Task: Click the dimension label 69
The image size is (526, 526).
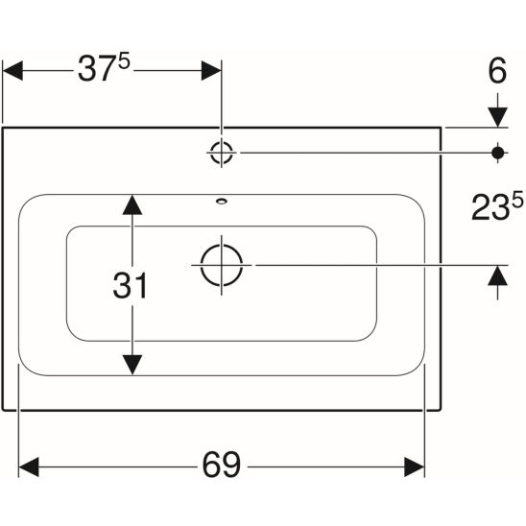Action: click(222, 465)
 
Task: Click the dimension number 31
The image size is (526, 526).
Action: click(131, 285)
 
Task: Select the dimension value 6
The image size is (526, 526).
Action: click(497, 71)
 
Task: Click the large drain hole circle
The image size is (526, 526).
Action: click(222, 265)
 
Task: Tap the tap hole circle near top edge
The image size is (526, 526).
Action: click(222, 153)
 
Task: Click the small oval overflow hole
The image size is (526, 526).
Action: click(222, 202)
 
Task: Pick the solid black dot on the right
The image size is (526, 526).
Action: click(498, 153)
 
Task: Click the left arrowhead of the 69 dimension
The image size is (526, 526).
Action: click(29, 466)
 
